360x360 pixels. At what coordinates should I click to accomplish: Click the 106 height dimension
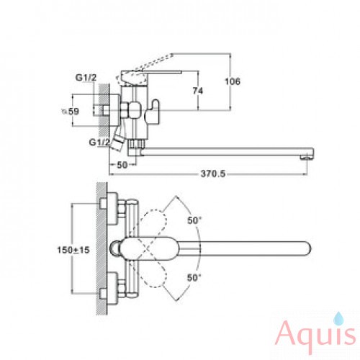click(233, 81)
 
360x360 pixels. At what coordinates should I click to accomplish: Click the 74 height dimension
click(198, 91)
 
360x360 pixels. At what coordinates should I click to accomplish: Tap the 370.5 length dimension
click(213, 174)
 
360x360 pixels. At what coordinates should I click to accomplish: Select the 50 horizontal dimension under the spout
click(122, 165)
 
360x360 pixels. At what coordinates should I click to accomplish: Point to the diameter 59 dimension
click(70, 112)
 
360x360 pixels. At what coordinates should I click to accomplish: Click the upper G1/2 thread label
click(86, 78)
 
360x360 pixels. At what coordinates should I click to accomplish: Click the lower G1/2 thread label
click(99, 143)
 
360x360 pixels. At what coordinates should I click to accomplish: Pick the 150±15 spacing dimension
click(73, 250)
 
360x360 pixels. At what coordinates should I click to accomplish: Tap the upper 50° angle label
click(194, 220)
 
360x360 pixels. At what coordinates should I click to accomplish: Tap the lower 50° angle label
click(194, 278)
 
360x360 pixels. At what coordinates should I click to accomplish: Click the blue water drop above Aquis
click(338, 318)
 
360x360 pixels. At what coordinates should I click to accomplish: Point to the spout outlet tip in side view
click(307, 157)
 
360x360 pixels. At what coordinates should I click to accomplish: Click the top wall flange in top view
click(112, 208)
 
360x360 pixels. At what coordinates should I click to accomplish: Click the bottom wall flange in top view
click(112, 289)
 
